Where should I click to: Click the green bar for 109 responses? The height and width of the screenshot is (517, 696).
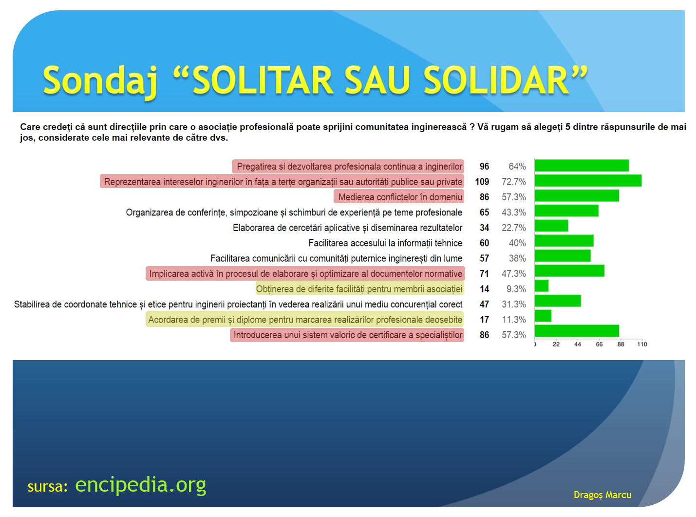[588, 180]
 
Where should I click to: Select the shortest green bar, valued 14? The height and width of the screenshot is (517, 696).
[541, 286]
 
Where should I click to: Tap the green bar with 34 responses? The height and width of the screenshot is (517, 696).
[551, 226]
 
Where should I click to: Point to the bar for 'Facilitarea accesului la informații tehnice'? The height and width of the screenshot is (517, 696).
[564, 241]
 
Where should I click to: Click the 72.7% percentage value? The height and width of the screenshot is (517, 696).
[513, 182]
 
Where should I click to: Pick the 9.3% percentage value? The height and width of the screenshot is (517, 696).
[516, 289]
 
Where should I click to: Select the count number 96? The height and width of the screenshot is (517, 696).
[484, 166]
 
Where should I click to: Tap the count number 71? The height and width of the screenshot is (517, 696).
[484, 273]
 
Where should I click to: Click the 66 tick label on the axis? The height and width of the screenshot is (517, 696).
[599, 345]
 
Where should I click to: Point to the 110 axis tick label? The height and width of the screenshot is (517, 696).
[642, 345]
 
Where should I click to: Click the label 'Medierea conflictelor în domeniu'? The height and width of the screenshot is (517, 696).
[400, 197]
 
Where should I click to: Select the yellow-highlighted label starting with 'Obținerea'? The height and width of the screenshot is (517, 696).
[359, 289]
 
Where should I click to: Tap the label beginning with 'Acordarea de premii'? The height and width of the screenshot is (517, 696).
[305, 320]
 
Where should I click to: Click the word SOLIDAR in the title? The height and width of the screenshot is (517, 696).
[496, 80]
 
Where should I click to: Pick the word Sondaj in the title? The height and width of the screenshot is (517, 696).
[100, 81]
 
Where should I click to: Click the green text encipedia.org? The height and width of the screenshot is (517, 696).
[141, 485]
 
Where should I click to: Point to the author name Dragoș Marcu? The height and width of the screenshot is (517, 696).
[602, 495]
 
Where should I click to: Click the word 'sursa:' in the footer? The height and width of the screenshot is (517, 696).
[48, 487]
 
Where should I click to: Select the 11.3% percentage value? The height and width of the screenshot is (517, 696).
[514, 320]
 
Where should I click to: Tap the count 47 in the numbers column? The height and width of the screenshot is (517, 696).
[484, 304]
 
